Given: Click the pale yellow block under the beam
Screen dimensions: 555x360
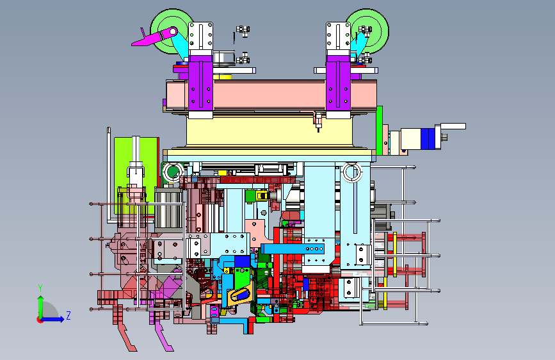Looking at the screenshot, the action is tap(269, 131).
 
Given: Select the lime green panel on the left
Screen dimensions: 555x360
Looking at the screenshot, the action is tap(136, 176).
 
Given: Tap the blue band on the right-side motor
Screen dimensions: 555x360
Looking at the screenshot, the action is tap(428, 138).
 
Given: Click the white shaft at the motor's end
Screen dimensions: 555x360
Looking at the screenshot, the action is tap(453, 126).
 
